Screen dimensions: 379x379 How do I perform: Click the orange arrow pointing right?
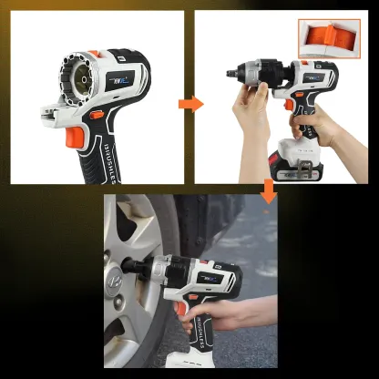190,102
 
